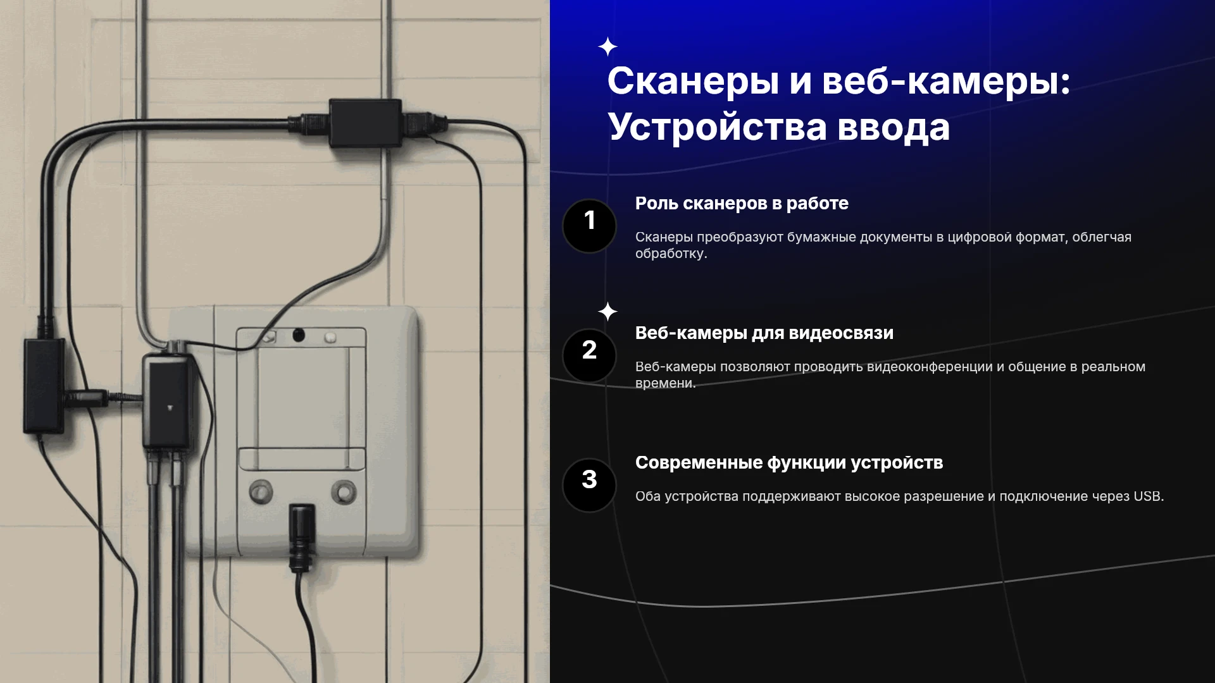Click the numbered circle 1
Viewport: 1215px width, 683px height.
589,226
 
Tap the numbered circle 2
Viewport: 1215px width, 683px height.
589,355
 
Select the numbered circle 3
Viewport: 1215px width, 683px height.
589,485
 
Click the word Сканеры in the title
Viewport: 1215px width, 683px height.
693,82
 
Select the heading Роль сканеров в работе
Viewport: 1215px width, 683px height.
742,204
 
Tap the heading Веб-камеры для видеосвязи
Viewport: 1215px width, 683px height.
764,333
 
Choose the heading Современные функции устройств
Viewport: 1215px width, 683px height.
789,463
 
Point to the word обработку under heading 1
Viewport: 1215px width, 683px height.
671,254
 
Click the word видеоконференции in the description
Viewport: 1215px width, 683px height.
930,367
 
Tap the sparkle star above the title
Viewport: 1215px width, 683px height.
607,47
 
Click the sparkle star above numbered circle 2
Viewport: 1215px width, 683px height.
607,311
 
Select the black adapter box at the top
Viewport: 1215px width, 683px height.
365,123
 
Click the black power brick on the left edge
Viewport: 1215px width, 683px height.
44,386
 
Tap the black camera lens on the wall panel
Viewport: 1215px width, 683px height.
298,335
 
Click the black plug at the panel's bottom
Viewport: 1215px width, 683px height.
302,536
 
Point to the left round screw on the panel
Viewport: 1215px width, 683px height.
261,491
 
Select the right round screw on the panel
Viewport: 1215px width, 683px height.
344,491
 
